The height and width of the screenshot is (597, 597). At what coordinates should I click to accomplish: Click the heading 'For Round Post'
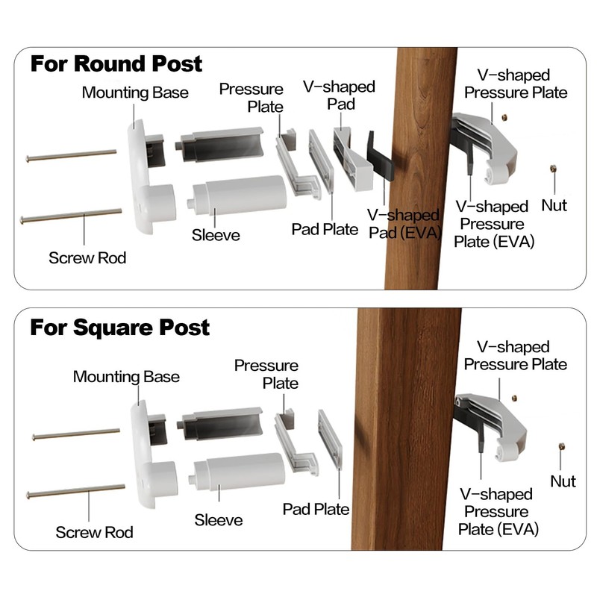[116, 63]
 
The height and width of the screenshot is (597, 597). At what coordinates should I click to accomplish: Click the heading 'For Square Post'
[119, 328]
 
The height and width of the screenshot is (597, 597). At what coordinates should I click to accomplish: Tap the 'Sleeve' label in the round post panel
[216, 236]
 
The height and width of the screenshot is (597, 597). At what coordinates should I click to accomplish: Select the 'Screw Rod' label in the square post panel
[94, 532]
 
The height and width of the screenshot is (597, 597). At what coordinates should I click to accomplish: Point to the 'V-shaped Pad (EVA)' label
[404, 225]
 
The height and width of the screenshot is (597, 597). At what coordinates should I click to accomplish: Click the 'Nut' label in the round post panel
[554, 205]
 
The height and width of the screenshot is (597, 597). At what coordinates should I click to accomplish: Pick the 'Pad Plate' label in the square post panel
[316, 510]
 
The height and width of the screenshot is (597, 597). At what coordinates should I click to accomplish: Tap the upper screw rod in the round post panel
[71, 155]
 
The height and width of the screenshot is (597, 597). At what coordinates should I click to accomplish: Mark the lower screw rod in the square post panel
[75, 491]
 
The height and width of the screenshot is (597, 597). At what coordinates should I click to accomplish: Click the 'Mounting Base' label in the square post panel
[126, 376]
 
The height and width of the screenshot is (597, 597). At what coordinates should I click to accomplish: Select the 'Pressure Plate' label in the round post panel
[251, 98]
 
